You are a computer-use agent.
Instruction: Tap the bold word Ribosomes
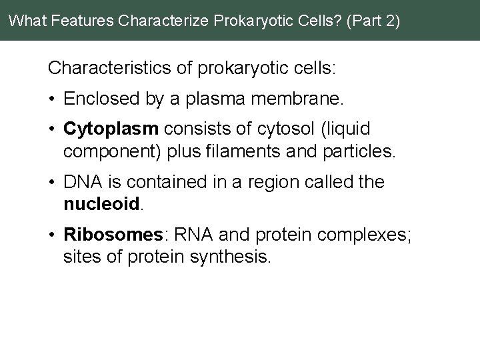113,235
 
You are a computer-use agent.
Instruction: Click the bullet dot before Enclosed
51,100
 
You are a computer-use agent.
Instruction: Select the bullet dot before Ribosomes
51,235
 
